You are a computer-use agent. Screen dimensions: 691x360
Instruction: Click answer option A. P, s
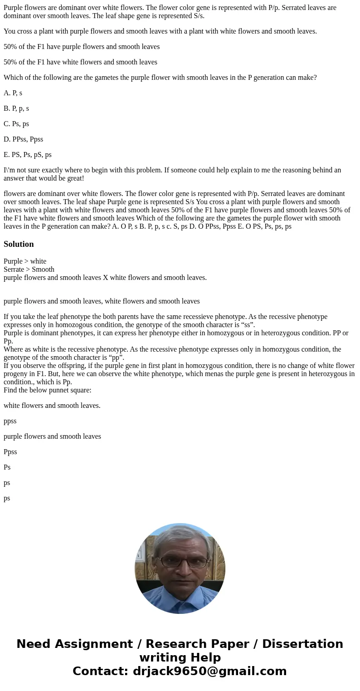point(13,93)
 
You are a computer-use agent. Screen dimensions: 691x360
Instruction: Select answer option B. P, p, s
point(16,108)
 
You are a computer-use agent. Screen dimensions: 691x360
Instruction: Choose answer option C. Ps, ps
point(16,124)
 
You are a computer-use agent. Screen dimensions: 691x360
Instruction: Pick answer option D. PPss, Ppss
point(23,139)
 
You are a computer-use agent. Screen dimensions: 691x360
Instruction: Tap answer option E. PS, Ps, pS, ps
point(27,155)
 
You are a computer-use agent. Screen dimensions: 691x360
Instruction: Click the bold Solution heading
point(19,244)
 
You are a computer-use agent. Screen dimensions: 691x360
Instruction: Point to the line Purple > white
point(25,261)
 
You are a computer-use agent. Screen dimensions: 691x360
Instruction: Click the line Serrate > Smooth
point(29,270)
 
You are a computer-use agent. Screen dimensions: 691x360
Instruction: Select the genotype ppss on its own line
point(10,421)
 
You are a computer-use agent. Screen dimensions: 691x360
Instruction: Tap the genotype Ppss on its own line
point(10,452)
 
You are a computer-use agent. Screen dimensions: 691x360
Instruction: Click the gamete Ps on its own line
point(7,467)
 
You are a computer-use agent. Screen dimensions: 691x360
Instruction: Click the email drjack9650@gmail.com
point(210,671)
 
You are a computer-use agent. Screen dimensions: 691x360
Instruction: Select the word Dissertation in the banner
point(302,644)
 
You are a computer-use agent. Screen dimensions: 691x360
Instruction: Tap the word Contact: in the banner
point(101,671)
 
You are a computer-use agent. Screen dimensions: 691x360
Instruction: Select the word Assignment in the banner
point(92,644)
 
